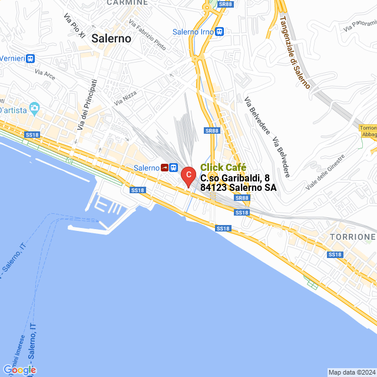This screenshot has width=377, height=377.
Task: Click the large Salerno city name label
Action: tap(111, 38)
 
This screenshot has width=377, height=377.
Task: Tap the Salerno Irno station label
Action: tap(193, 32)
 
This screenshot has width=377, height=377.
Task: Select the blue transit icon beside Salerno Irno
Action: tap(219, 32)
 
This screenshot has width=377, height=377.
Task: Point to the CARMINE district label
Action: tap(126, 3)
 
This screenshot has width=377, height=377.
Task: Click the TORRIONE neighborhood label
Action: tap(353, 237)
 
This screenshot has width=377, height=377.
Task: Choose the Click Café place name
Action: tap(223, 167)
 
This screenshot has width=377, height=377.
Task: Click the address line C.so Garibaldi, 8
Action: tap(235, 178)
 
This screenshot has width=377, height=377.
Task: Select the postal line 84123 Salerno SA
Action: tap(238, 188)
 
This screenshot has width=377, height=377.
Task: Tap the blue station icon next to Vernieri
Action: tap(31, 58)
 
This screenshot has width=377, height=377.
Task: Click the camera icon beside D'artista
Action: tap(34, 108)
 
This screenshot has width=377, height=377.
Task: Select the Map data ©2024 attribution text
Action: tap(351, 372)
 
